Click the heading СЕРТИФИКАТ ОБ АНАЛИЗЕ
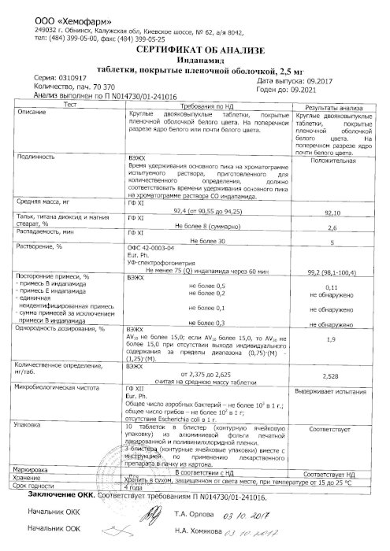(x=195, y=49)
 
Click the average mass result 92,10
(x=336, y=213)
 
